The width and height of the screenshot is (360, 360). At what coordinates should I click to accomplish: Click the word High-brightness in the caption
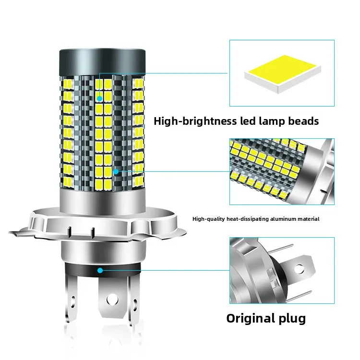coord(195,121)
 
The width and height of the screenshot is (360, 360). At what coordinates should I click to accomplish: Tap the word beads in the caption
coord(303,121)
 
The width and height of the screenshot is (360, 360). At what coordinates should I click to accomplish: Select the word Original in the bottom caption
coord(250,318)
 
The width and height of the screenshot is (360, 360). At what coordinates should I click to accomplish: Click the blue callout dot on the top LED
coord(99,98)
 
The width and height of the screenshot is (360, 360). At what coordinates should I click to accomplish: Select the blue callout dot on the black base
coord(100,270)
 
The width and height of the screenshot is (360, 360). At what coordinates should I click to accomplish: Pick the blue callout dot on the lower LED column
coord(116,170)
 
